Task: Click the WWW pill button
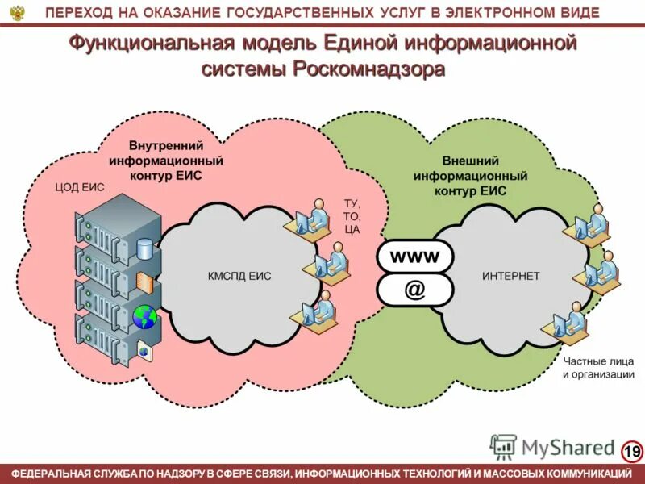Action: click(x=414, y=257)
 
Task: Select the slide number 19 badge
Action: click(x=632, y=450)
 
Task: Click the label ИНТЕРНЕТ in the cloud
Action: click(x=510, y=276)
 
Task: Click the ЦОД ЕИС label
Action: click(x=80, y=187)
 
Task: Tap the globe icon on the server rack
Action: click(x=144, y=317)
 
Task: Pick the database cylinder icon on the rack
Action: click(x=144, y=248)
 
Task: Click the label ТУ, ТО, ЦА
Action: click(x=352, y=216)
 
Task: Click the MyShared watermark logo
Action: click(x=552, y=446)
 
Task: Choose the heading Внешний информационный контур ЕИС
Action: click(x=470, y=175)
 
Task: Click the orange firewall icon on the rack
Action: click(x=144, y=282)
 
